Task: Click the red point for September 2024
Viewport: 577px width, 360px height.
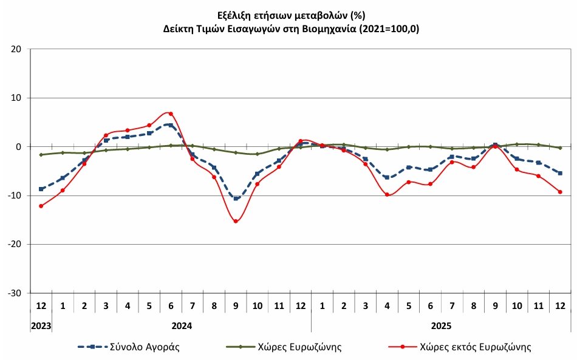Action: click(236, 221)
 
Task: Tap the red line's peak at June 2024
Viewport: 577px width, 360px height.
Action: click(171, 114)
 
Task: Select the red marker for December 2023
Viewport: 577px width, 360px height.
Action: click(41, 206)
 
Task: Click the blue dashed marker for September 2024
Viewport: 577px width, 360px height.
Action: click(236, 198)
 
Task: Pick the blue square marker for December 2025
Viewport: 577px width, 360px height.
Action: click(560, 173)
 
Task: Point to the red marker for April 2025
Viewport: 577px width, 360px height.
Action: click(387, 194)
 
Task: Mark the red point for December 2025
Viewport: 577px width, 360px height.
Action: click(560, 192)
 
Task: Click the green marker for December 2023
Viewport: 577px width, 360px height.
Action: click(41, 155)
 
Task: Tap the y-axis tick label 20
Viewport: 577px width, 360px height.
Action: click(17, 49)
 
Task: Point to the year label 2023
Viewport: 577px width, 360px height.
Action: click(41, 326)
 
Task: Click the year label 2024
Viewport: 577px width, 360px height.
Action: click(182, 326)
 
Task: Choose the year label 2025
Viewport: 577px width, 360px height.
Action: click(441, 326)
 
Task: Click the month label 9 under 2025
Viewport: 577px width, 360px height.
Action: click(495, 304)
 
